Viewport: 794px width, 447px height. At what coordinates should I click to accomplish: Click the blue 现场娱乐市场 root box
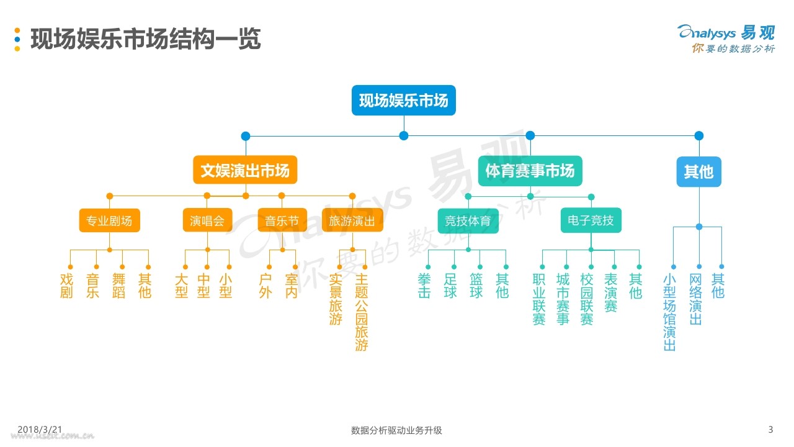(x=404, y=101)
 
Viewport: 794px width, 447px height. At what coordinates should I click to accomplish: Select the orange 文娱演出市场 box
(x=245, y=170)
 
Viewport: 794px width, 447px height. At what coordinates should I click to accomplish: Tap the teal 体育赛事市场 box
(x=530, y=171)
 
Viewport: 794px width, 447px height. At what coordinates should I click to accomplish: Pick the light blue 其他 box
(x=699, y=172)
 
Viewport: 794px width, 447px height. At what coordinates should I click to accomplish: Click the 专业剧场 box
(x=110, y=220)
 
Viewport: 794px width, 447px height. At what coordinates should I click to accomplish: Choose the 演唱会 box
(x=207, y=220)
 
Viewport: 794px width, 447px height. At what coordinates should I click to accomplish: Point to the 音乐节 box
(x=282, y=220)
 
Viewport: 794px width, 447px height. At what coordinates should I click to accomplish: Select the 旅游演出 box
(x=352, y=220)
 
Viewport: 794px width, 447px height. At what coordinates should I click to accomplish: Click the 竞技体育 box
(x=468, y=220)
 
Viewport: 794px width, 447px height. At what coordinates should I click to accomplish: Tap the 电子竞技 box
(x=591, y=220)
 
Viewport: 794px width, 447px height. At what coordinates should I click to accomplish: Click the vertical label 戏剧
(x=66, y=286)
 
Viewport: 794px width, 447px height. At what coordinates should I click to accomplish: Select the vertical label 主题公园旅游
(x=362, y=312)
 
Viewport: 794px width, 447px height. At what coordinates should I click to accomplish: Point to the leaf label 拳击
(x=424, y=286)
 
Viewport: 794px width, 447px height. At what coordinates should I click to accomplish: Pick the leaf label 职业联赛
(x=539, y=299)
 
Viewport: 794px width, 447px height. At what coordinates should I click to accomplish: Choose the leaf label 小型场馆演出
(x=669, y=312)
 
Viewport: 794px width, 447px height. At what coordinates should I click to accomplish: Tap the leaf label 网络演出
(x=695, y=299)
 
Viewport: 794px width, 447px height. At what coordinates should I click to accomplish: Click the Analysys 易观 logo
(x=726, y=39)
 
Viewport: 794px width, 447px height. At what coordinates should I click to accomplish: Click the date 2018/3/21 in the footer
(x=40, y=429)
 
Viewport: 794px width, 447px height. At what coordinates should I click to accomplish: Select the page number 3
(x=770, y=429)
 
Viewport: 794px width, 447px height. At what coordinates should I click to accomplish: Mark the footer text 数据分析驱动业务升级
(x=396, y=430)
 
